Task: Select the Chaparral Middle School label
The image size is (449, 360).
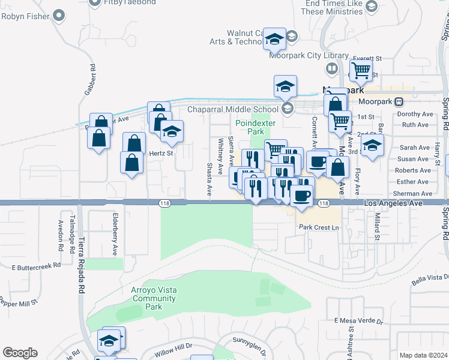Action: (233, 109)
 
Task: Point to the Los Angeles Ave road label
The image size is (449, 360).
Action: (394, 204)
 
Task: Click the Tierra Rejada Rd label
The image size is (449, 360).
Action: (80, 258)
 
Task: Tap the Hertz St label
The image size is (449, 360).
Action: (161, 153)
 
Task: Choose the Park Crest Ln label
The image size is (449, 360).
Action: (319, 227)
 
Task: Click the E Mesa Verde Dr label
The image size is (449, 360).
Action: (358, 321)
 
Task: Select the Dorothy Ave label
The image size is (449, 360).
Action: (415, 114)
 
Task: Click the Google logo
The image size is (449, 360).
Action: (20, 353)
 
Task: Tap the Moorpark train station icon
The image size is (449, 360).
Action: (399, 101)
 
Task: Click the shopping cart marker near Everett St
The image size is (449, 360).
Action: (361, 70)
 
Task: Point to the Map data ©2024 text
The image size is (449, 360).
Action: (423, 355)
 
